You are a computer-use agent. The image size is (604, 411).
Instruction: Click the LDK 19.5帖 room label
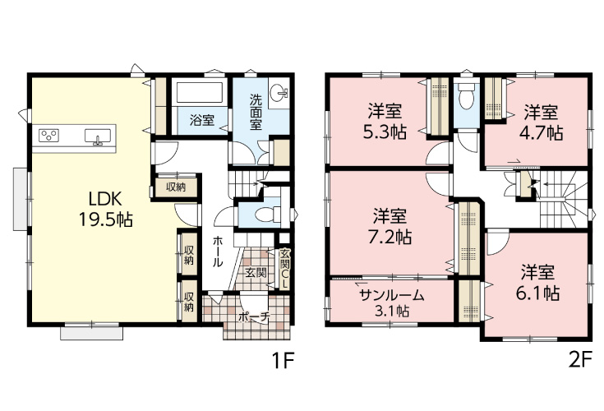(x=105, y=210)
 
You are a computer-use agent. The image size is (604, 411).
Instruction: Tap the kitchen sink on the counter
(x=98, y=136)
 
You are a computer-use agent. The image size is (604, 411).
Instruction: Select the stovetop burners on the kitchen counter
(x=49, y=136)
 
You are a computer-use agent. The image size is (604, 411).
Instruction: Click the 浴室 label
(x=202, y=120)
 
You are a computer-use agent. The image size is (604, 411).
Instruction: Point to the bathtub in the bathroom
(x=200, y=92)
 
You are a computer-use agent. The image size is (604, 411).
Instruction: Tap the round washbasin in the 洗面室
(x=279, y=92)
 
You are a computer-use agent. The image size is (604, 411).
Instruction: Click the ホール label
(x=217, y=252)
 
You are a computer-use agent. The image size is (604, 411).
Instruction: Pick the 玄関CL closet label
(x=284, y=269)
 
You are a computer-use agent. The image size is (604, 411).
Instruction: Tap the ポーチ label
(x=253, y=317)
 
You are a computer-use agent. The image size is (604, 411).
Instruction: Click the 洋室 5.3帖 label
(x=385, y=122)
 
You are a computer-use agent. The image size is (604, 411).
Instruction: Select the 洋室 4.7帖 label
(x=541, y=122)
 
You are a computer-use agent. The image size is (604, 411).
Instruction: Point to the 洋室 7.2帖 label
(x=390, y=227)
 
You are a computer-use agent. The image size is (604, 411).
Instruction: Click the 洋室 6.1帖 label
(x=538, y=282)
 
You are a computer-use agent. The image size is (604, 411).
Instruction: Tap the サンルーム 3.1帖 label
(x=392, y=302)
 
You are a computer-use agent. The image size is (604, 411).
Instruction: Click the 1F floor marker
(x=284, y=361)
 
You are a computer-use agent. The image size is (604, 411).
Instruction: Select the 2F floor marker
(x=579, y=361)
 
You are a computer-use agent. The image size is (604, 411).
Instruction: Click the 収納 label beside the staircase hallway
(x=176, y=187)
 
